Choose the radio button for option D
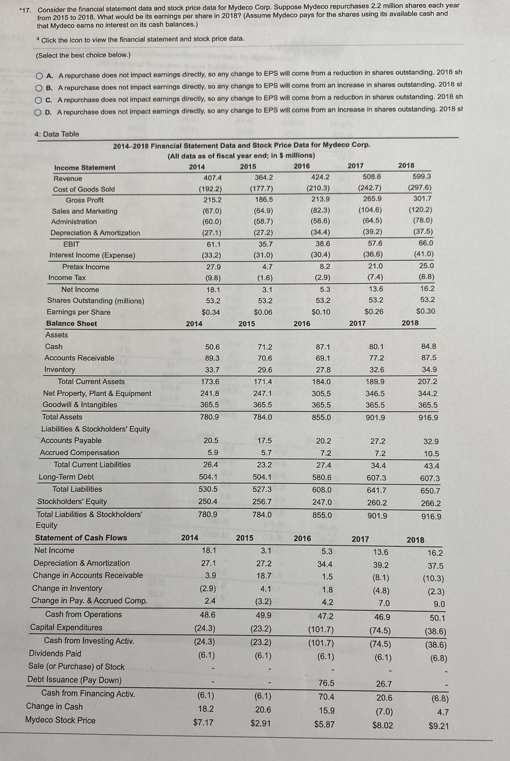point(38,113)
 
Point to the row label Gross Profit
point(85,200)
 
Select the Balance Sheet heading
point(72,324)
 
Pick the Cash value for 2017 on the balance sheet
point(377,347)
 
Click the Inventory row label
point(60,370)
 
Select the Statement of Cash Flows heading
point(81,538)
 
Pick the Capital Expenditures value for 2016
point(321,630)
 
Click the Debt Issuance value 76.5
point(326,683)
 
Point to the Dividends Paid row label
point(55,653)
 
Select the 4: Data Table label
point(57,134)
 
